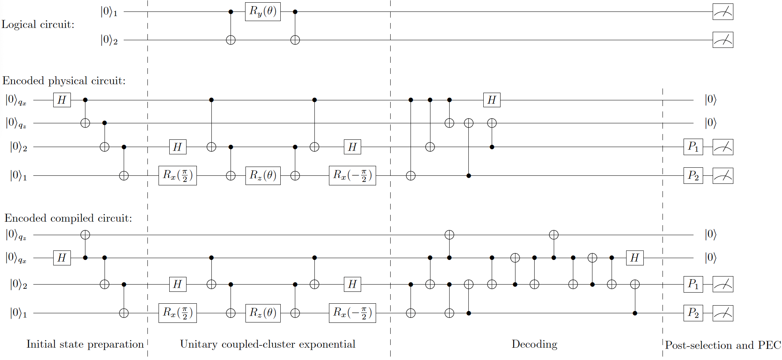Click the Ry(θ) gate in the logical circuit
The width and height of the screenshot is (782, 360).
pyautogui.click(x=263, y=11)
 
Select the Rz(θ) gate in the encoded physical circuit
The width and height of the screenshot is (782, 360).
pyautogui.click(x=263, y=175)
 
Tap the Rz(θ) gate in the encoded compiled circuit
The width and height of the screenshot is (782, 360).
pyautogui.click(x=263, y=313)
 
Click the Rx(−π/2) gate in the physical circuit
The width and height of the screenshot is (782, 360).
pyautogui.click(x=352, y=175)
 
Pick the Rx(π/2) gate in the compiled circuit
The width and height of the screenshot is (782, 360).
pyautogui.click(x=177, y=313)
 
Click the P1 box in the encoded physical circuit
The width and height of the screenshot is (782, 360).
pyautogui.click(x=693, y=147)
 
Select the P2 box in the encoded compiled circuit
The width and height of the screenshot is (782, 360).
pyautogui.click(x=693, y=313)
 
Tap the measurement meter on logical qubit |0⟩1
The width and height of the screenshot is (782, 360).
pyautogui.click(x=723, y=12)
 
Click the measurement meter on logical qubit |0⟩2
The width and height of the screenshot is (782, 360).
pyautogui.click(x=723, y=40)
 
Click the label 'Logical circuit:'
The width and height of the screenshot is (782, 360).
pyautogui.click(x=38, y=25)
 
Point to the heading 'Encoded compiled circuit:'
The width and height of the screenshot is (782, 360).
pyautogui.click(x=68, y=218)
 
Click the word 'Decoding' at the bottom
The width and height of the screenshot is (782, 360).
pyautogui.click(x=534, y=344)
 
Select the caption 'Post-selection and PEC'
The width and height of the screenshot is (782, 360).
pyautogui.click(x=723, y=345)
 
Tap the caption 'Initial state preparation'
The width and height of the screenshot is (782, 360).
pyautogui.click(x=85, y=344)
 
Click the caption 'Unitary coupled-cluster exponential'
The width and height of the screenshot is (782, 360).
pyautogui.click(x=268, y=344)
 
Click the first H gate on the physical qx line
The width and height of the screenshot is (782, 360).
pyautogui.click(x=62, y=100)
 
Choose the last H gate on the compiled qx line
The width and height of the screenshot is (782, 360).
pyautogui.click(x=635, y=258)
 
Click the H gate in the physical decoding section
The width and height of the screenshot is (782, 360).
pyautogui.click(x=492, y=100)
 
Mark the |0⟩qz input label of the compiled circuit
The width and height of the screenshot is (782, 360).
pyautogui.click(x=16, y=235)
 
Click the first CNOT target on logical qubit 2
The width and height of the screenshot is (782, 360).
pyautogui.click(x=231, y=40)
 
